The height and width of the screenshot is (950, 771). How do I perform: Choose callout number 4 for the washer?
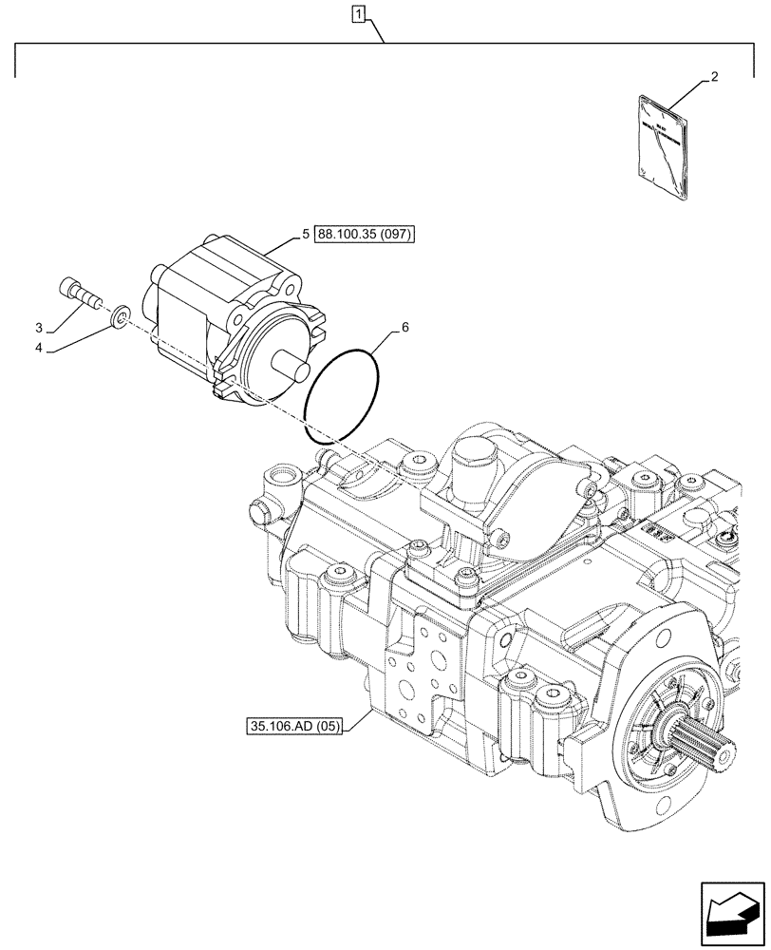click(39, 349)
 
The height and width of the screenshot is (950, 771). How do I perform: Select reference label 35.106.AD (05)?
click(295, 729)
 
